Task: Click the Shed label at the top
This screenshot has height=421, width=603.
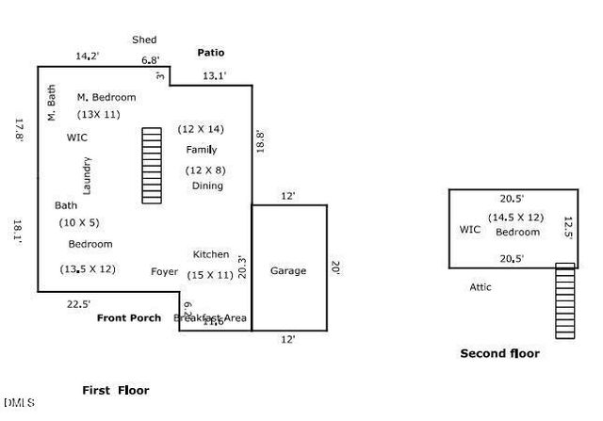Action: click(144, 40)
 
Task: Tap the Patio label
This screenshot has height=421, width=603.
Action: click(210, 53)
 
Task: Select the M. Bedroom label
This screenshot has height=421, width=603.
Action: click(106, 97)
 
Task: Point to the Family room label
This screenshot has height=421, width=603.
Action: click(202, 150)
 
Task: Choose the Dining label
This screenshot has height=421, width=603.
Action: click(207, 186)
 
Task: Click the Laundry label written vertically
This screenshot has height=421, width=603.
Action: click(87, 175)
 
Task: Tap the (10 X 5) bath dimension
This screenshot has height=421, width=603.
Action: click(79, 222)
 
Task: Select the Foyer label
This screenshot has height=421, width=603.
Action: click(164, 271)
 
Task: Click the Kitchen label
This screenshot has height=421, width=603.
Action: click(211, 254)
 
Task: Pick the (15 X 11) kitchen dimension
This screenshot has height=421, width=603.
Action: click(210, 275)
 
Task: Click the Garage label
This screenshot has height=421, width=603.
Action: click(288, 271)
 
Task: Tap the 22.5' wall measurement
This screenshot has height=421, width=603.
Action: click(79, 303)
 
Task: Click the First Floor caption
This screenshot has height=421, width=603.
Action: click(116, 390)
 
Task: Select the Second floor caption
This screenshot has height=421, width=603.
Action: click(499, 353)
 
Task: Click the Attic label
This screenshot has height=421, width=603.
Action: click(481, 287)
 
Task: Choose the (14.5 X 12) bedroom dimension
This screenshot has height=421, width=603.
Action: click(515, 218)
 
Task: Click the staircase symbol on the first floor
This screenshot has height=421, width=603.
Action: click(153, 165)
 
